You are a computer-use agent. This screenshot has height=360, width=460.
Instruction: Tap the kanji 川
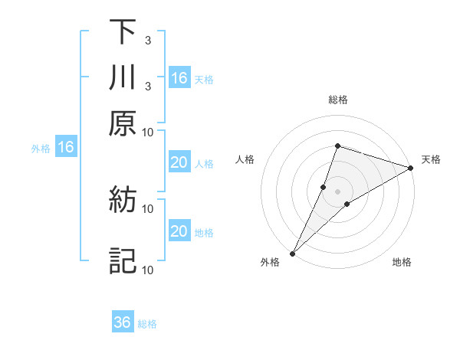point(123,78)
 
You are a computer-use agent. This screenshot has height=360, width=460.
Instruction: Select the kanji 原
point(123,124)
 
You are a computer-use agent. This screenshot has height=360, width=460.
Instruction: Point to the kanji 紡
point(123,201)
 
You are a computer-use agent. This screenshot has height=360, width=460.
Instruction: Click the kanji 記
point(123,261)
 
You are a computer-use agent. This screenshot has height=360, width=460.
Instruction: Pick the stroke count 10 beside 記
point(148,270)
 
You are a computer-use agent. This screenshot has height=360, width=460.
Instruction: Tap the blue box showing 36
point(123,322)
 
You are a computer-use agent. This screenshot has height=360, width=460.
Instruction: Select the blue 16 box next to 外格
point(66,147)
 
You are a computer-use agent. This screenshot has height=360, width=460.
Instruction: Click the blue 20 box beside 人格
point(179,162)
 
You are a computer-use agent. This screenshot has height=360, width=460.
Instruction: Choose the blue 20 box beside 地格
point(179,231)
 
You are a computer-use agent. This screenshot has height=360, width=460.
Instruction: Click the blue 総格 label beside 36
point(148,324)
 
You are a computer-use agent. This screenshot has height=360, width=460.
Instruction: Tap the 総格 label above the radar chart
point(337,100)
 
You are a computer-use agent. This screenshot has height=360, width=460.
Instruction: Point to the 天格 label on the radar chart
point(431,159)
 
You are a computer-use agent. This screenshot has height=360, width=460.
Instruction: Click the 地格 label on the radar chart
point(402,263)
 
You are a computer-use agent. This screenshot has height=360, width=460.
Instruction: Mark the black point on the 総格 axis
point(337,146)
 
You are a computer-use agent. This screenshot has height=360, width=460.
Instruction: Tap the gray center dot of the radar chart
point(337,191)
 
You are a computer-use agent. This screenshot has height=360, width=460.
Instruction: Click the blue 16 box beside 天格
point(179,78)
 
